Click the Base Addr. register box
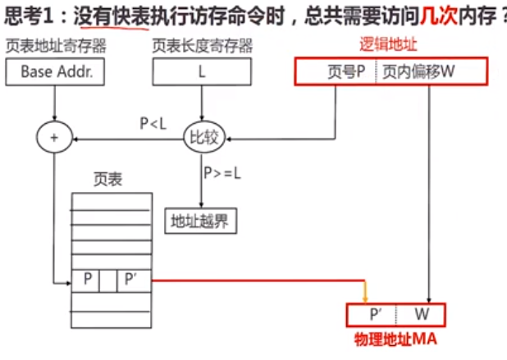[x=57, y=72]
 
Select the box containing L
[x=201, y=72]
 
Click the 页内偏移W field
[x=418, y=72]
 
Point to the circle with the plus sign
[x=55, y=139]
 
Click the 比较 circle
[x=201, y=139]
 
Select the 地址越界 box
[x=199, y=220]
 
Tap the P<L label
[x=153, y=124]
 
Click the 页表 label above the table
[x=109, y=179]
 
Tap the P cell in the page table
[x=87, y=279]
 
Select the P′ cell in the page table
[x=130, y=279]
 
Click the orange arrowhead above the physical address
[x=365, y=297]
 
